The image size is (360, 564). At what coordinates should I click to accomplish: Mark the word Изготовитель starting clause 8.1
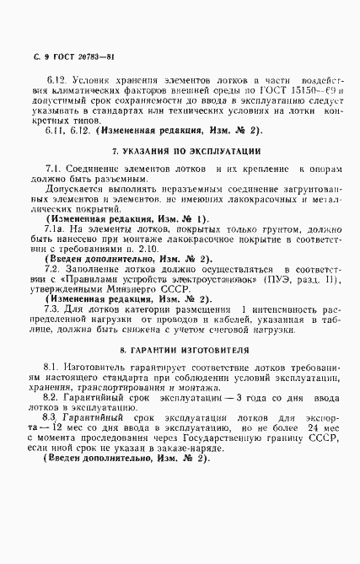pyautogui.click(x=96, y=368)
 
